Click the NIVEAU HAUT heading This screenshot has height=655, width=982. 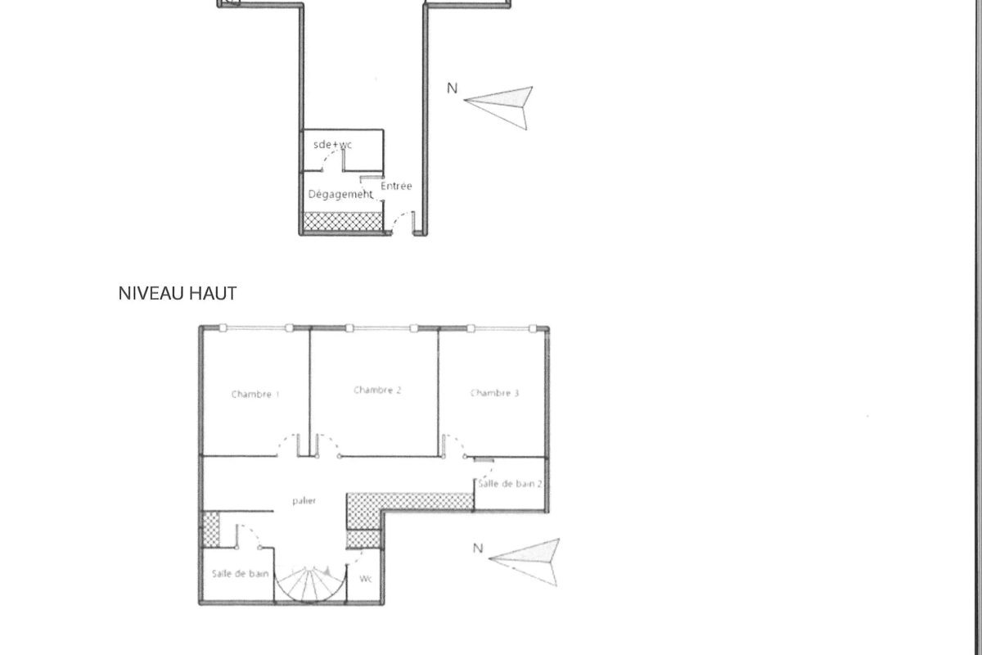[x=178, y=293]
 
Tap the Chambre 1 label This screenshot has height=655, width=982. [x=255, y=395]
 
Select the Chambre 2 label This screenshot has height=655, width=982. [x=377, y=390]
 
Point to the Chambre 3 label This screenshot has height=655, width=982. [x=494, y=393]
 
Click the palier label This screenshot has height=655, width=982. [x=304, y=500]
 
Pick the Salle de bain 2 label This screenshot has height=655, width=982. [x=510, y=483]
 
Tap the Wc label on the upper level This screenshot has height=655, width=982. [x=366, y=579]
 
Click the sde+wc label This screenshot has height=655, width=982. [x=333, y=144]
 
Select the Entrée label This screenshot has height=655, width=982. [x=396, y=186]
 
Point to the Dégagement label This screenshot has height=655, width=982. [x=340, y=194]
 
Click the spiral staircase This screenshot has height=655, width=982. [x=310, y=585]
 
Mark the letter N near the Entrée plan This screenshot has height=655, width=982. [x=452, y=88]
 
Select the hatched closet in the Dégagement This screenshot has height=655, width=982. [x=343, y=221]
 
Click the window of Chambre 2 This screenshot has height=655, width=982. [x=381, y=328]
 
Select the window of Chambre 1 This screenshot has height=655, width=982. [x=256, y=327]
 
